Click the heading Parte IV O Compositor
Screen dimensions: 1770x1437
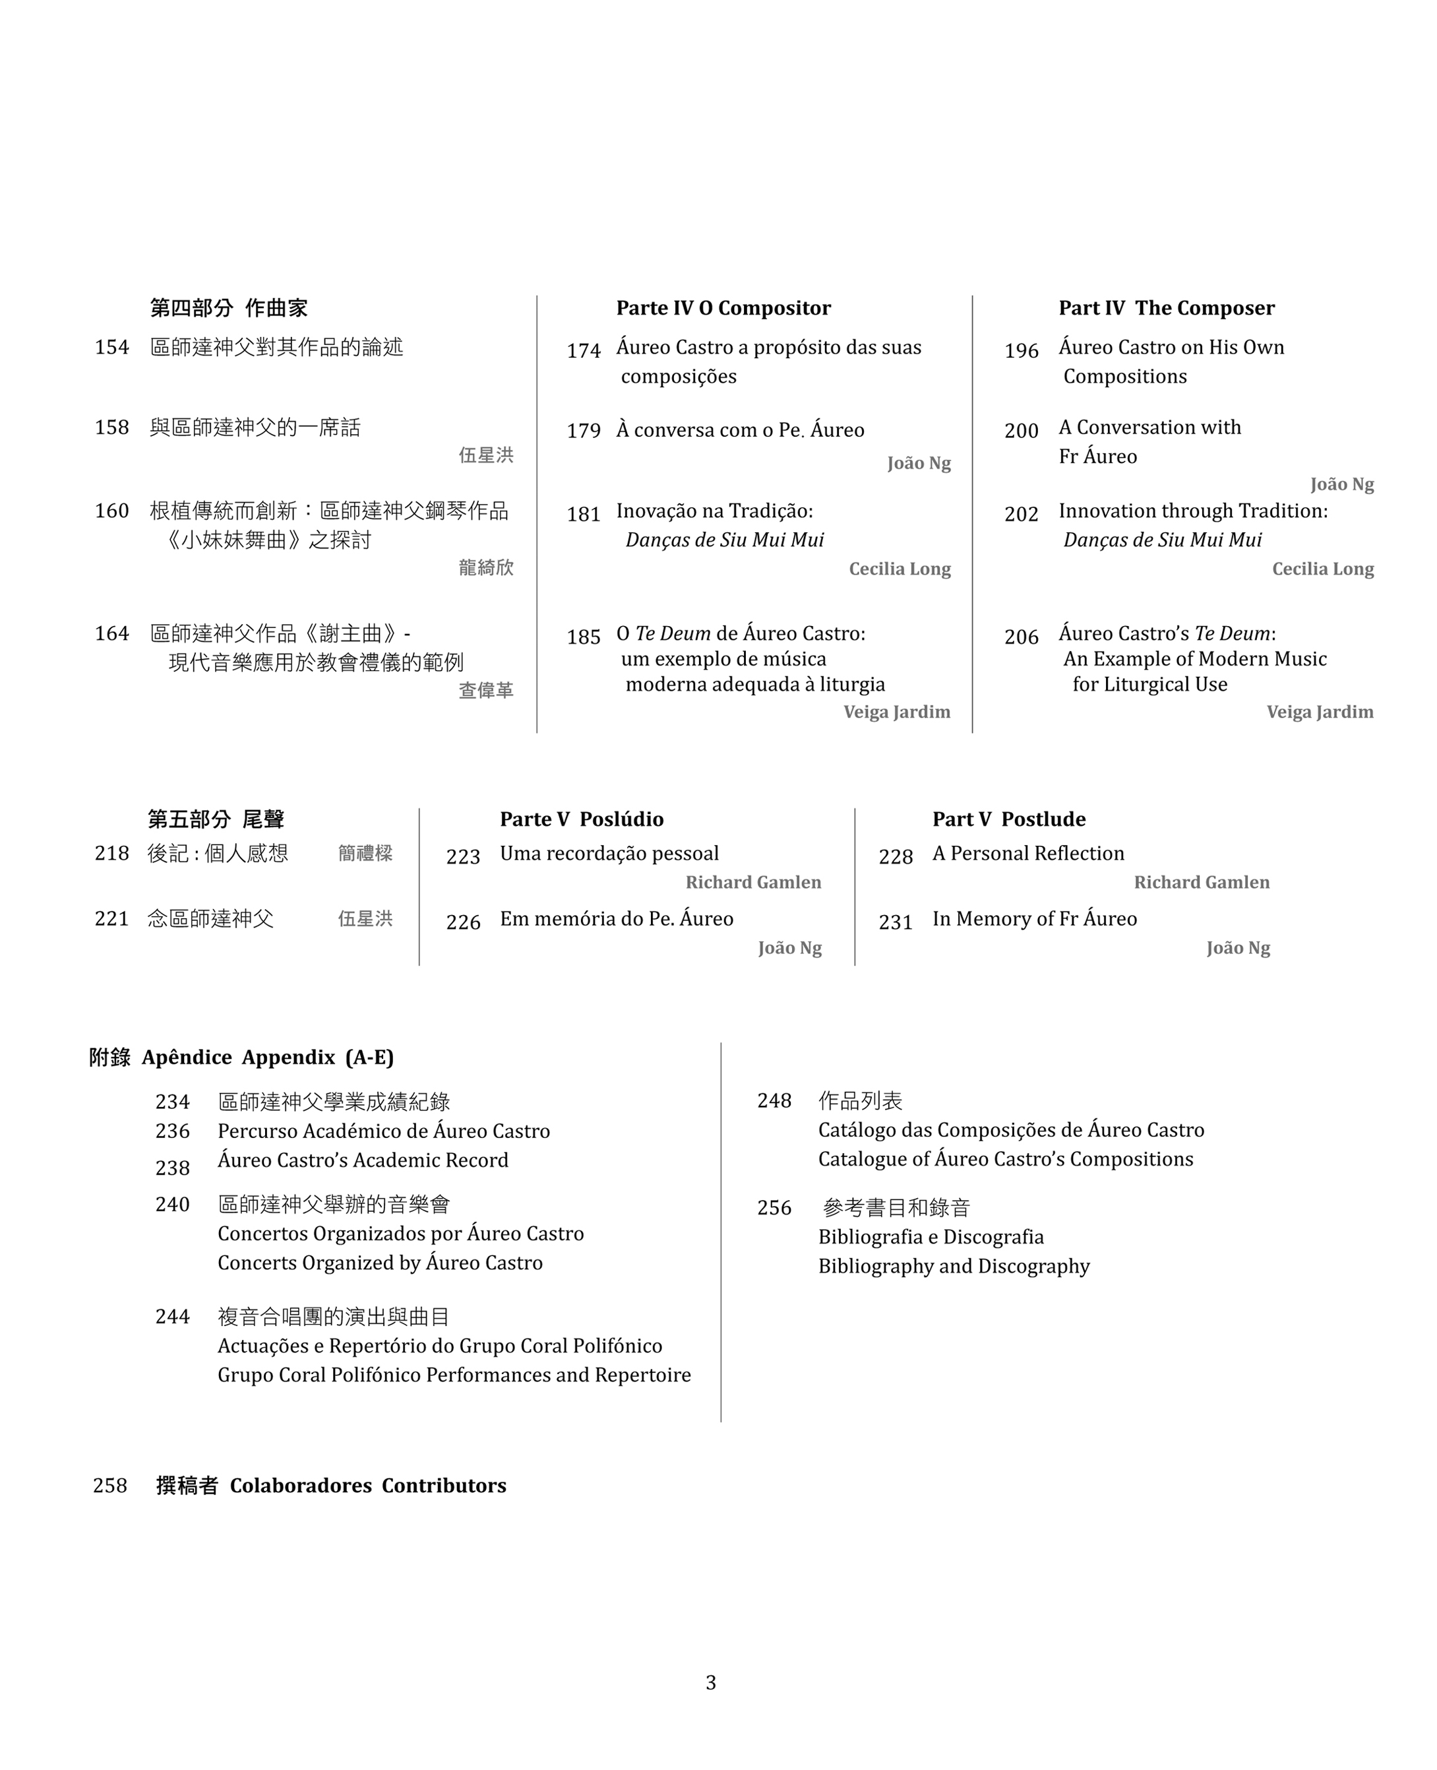(723, 308)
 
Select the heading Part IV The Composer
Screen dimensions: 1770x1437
(1167, 308)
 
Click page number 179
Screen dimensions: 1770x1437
(584, 431)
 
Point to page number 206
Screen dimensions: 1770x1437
(1022, 637)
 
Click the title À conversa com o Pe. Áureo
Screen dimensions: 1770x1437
(740, 429)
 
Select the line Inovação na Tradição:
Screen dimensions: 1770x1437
(714, 511)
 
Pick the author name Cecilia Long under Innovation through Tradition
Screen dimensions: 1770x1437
(1323, 569)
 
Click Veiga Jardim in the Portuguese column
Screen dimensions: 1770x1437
(896, 712)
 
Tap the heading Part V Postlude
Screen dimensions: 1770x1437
(1009, 819)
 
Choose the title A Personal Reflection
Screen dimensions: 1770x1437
(1028, 853)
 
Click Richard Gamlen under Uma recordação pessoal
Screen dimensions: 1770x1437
(753, 883)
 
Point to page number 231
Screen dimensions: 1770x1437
(896, 922)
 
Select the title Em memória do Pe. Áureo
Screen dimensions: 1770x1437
(617, 918)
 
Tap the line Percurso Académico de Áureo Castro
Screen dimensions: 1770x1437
(383, 1131)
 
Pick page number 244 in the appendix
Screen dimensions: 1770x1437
(172, 1316)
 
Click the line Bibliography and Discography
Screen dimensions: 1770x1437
(954, 1266)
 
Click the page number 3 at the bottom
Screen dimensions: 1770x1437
(711, 1682)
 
